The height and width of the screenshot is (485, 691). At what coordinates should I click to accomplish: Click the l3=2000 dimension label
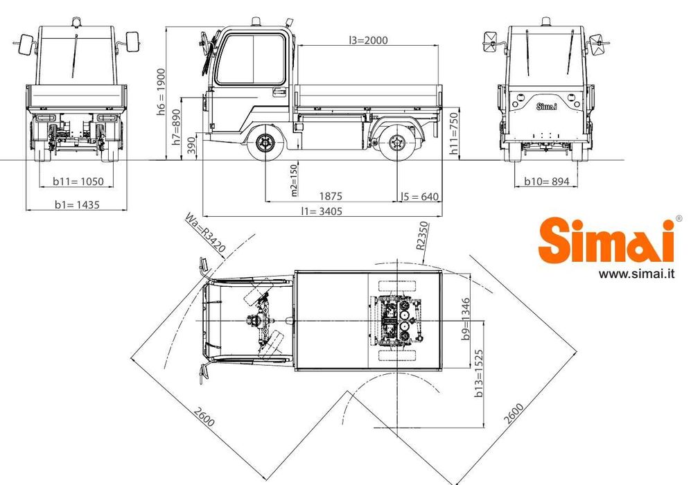pos(368,40)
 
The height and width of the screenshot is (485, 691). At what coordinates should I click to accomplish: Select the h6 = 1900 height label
pos(161,92)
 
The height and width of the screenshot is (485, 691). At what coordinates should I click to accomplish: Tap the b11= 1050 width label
pos(78,181)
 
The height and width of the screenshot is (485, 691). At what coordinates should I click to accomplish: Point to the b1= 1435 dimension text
pos(77,204)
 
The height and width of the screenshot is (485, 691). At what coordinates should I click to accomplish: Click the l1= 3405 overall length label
pos(322,211)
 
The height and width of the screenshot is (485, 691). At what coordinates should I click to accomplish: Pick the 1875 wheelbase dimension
pos(331,196)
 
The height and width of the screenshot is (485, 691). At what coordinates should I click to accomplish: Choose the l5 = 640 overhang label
pos(419,197)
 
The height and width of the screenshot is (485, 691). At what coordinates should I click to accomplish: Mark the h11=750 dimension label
pos(454,134)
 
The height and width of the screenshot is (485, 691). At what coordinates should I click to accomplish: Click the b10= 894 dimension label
pos(547,181)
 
